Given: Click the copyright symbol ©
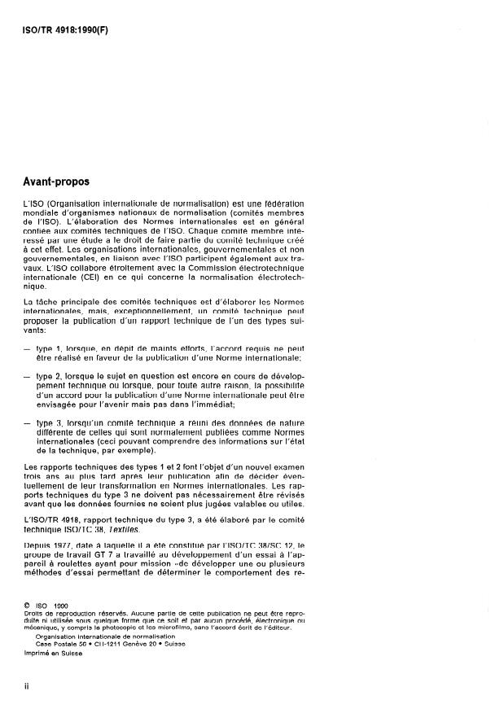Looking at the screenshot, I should click(x=28, y=605).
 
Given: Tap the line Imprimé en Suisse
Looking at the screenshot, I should click(x=50, y=652).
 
